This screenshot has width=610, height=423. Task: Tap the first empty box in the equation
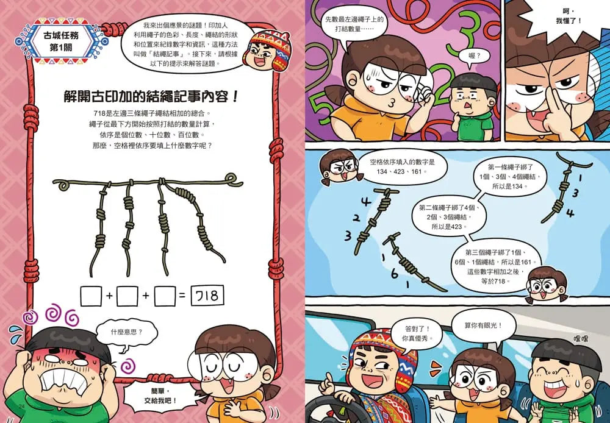91,297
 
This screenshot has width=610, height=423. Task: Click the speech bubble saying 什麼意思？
126,332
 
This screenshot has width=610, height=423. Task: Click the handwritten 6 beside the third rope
395,273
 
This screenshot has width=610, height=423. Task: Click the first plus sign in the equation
110,297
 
